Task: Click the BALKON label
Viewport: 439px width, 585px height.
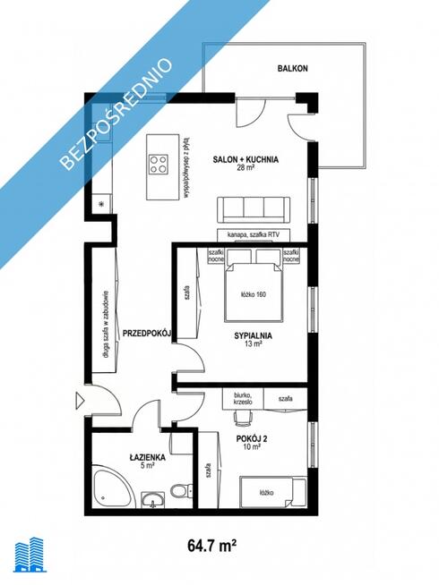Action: tap(293, 68)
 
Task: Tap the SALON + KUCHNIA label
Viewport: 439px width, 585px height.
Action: tap(245, 159)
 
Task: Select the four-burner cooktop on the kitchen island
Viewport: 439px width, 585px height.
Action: tap(160, 164)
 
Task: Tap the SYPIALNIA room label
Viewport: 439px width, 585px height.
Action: tap(254, 335)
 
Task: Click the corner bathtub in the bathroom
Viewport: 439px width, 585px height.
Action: tap(112, 487)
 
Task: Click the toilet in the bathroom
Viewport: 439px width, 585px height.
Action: tap(182, 491)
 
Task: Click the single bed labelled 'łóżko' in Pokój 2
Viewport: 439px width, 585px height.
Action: tap(273, 493)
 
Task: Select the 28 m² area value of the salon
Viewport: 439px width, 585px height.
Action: tap(245, 168)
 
